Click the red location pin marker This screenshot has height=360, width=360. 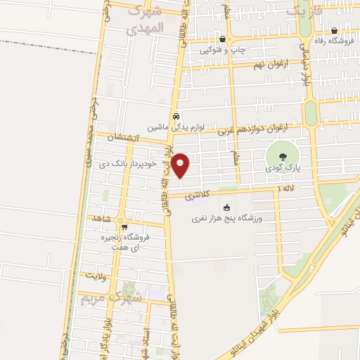181,165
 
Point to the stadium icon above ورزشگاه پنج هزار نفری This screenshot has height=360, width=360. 226,207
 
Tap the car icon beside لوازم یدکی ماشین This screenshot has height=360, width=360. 176,116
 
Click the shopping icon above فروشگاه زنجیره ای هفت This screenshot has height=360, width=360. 124,227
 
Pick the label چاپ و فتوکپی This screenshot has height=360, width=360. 223,50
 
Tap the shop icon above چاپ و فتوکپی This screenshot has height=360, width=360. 223,39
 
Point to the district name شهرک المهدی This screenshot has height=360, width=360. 146,20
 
